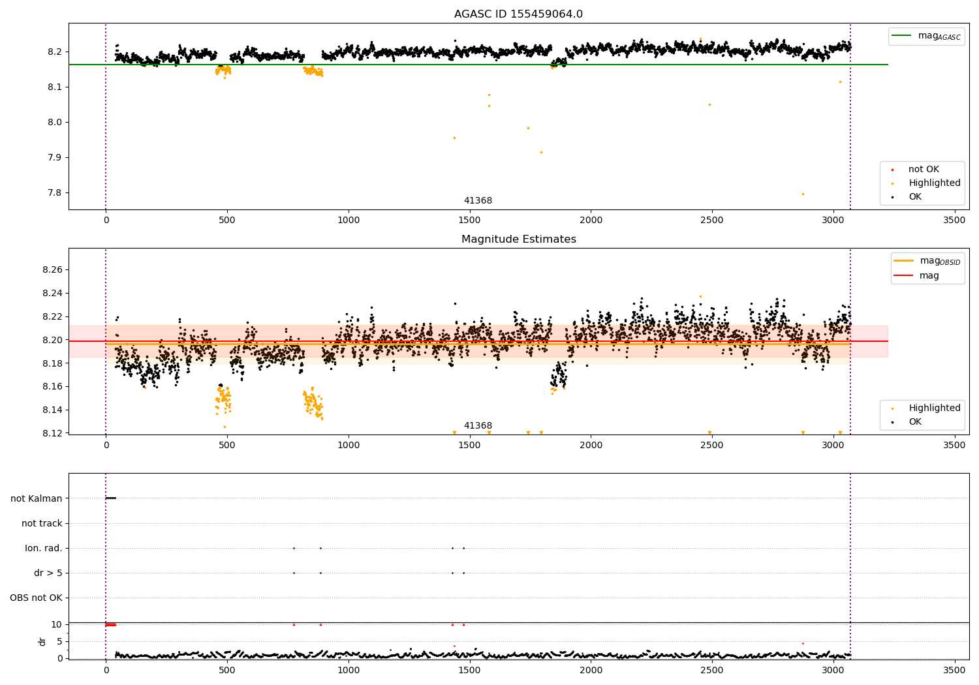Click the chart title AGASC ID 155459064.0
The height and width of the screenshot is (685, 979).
pyautogui.click(x=518, y=14)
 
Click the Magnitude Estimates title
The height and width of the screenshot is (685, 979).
pyautogui.click(x=518, y=239)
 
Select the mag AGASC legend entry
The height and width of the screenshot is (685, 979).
pyautogui.click(x=926, y=36)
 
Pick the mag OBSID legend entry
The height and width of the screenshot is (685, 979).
pyautogui.click(x=927, y=261)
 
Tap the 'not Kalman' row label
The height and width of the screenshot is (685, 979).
pyautogui.click(x=37, y=498)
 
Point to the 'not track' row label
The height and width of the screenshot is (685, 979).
pyautogui.click(x=42, y=523)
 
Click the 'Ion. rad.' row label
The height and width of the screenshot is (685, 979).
pyautogui.click(x=43, y=548)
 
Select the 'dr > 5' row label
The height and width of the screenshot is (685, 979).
pyautogui.click(x=48, y=573)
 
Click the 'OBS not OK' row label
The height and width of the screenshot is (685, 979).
pyautogui.click(x=37, y=598)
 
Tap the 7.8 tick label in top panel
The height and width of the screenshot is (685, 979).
pyautogui.click(x=55, y=192)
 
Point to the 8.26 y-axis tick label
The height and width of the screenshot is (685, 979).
pyautogui.click(x=52, y=269)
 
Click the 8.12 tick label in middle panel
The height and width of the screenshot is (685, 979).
pyautogui.click(x=52, y=433)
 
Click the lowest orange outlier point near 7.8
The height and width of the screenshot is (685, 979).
pyautogui.click(x=803, y=194)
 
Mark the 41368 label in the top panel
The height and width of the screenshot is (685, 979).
pyautogui.click(x=478, y=200)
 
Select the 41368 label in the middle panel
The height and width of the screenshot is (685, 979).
pyautogui.click(x=478, y=425)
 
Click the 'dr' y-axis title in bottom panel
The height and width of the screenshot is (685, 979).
pyautogui.click(x=42, y=641)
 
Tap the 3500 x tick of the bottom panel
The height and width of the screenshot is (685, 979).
pyautogui.click(x=954, y=670)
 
